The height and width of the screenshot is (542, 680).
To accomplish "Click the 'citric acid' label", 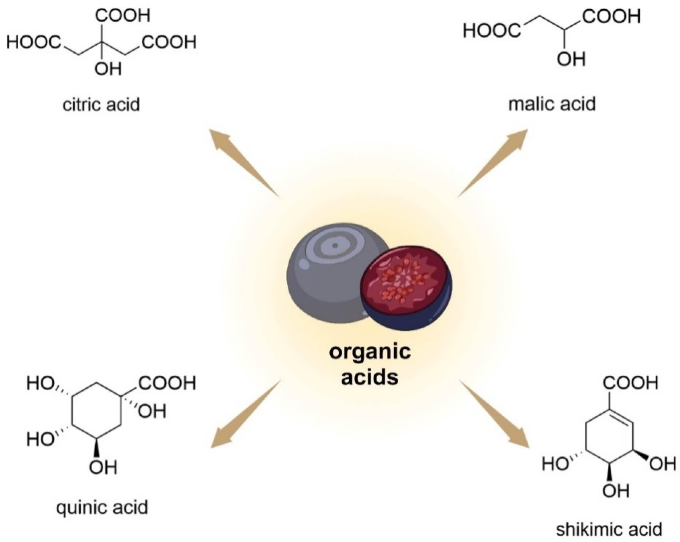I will coord(101,105).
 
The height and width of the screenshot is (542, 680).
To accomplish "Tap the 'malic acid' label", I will coord(552,104).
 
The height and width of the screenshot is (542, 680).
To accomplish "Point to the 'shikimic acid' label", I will coord(609,529).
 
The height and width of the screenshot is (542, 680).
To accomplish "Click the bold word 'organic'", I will coord(370,352).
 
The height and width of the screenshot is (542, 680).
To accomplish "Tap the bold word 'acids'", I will coord(370,377).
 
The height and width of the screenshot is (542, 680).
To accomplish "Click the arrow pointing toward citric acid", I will coord(240,158).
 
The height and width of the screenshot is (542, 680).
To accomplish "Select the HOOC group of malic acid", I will coord(492,32).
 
